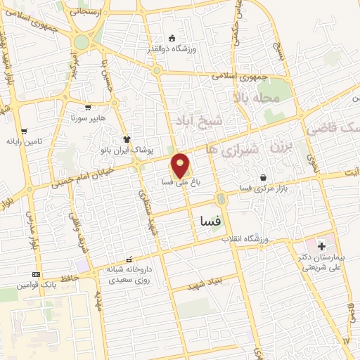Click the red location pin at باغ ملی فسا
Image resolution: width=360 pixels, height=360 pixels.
click(181, 167)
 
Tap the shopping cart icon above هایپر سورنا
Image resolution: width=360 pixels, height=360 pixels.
click(88, 108)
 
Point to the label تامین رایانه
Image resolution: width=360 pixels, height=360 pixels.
click(24, 141)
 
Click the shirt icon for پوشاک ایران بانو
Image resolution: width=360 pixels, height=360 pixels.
click(127, 139)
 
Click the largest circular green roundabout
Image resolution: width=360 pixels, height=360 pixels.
click(82, 42)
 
